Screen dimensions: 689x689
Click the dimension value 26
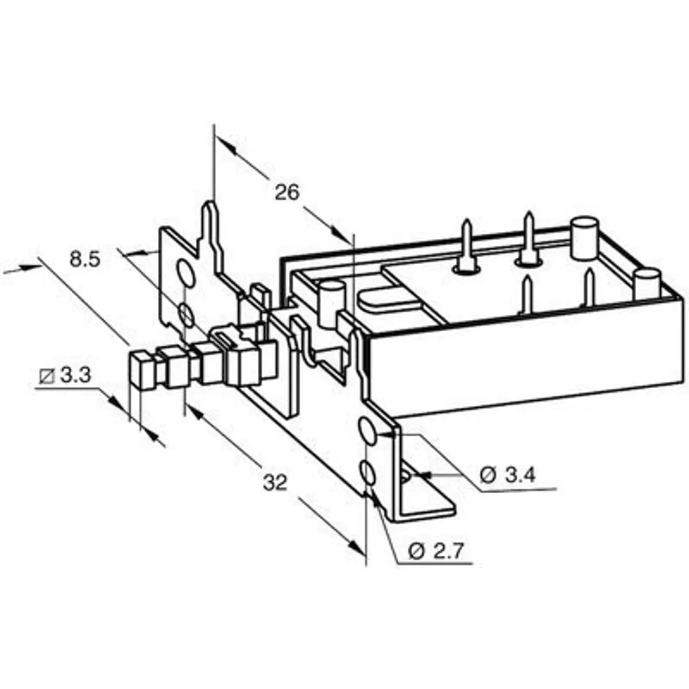(287, 192)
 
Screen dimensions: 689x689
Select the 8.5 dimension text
(85, 260)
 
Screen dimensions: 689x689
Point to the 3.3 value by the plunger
(75, 376)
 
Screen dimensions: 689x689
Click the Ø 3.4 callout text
(508, 475)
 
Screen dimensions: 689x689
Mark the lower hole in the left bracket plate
(185, 315)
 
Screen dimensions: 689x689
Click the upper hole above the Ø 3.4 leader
(367, 431)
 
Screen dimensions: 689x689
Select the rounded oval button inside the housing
(378, 299)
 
